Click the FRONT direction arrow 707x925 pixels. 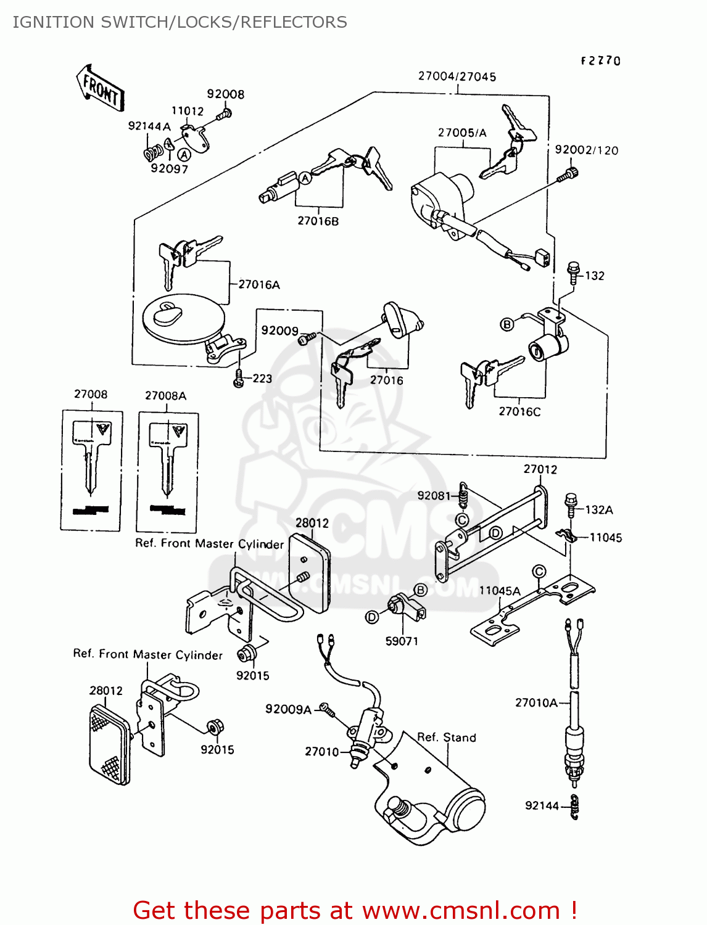101,89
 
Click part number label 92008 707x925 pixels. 225,94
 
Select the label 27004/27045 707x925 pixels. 457,76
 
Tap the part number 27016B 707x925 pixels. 318,221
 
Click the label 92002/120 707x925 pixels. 586,150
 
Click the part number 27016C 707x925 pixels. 519,411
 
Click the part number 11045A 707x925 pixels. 500,590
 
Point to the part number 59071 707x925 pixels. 402,641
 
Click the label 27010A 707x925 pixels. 536,702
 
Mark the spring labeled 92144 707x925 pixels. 574,807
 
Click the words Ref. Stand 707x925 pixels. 447,737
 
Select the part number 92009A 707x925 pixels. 288,709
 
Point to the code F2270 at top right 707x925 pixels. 600,60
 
